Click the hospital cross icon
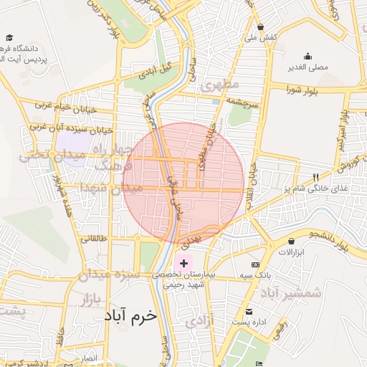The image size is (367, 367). tap(184, 264)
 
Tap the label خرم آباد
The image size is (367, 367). tap(129, 315)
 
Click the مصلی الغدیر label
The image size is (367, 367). tap(308, 67)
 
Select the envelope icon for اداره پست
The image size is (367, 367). tap(249, 312)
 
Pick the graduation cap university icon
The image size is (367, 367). tap(9, 38)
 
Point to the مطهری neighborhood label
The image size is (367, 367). tap(218, 85)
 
